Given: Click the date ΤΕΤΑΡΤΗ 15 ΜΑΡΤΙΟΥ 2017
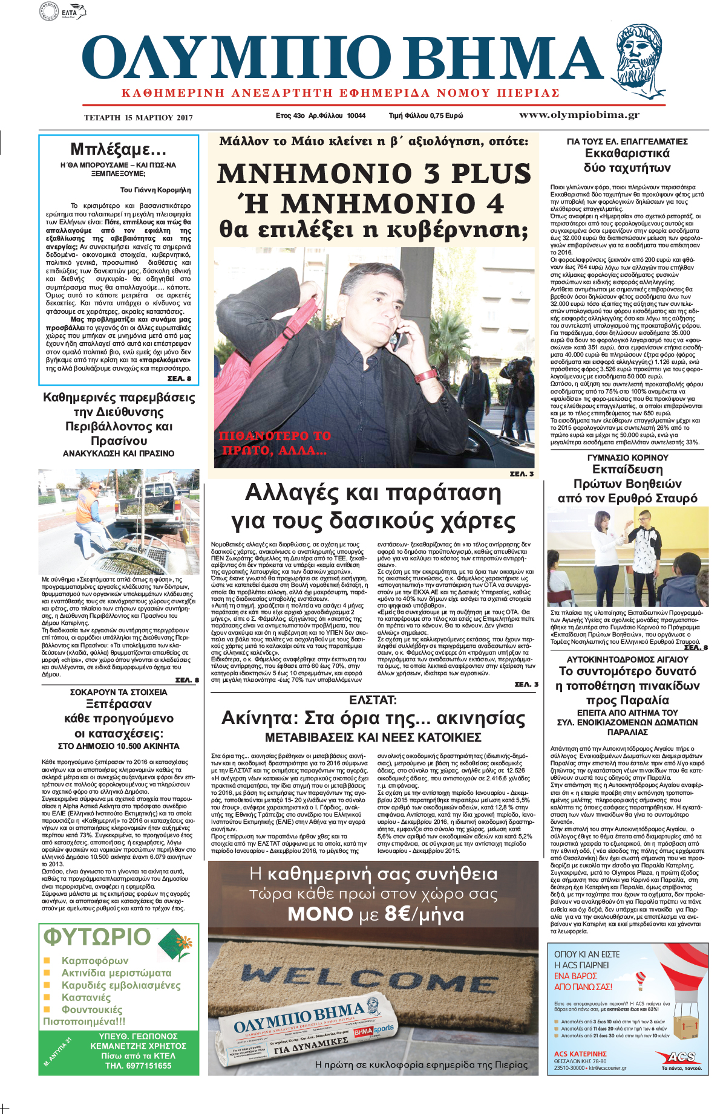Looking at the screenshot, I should (x=139, y=117).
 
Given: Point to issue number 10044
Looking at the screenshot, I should (x=356, y=115).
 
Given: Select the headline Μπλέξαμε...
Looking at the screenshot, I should (x=118, y=149).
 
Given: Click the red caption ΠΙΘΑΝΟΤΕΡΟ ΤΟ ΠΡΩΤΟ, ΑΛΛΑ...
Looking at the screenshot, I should (x=274, y=442).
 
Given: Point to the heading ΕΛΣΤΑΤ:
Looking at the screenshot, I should (x=373, y=700).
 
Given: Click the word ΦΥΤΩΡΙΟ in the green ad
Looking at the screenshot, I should (x=97, y=937).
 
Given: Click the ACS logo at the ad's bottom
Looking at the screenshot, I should (x=681, y=1057).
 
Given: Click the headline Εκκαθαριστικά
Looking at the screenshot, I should (x=627, y=154).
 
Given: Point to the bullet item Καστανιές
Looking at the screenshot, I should (x=86, y=997).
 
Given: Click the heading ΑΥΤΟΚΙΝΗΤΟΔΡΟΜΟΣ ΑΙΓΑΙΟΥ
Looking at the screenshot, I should (x=627, y=659).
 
